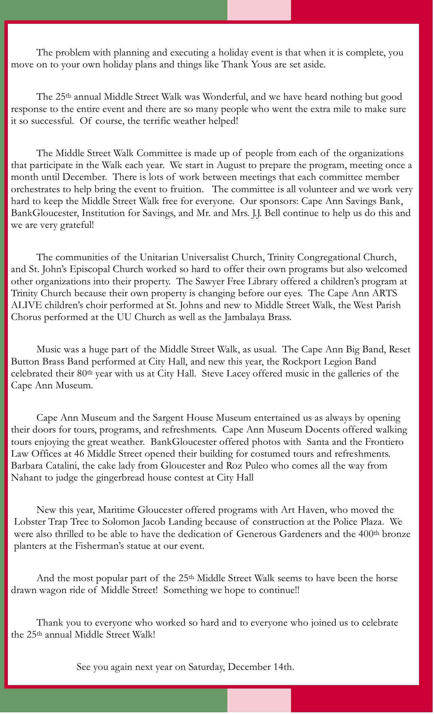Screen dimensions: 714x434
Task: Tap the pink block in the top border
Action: pos(259,10)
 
